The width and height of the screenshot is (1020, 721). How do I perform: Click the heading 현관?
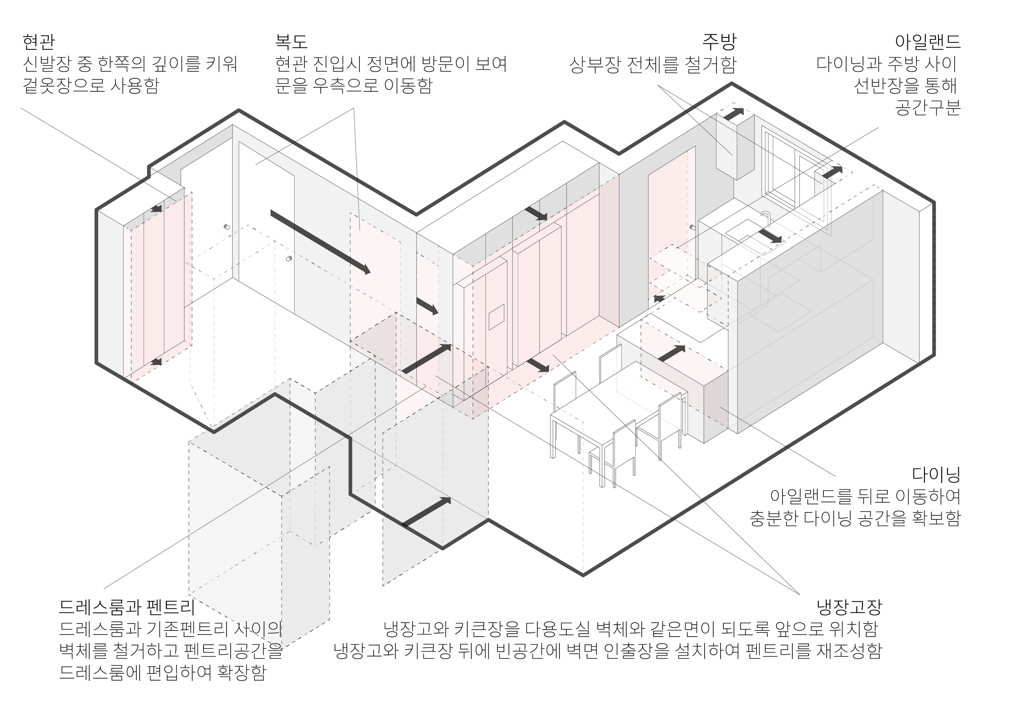39,42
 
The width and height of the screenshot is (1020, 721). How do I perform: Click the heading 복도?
291,42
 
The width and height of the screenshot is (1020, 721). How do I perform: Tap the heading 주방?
719,42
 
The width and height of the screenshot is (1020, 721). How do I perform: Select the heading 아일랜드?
928,42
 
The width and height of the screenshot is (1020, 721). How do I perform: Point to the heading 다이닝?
936,474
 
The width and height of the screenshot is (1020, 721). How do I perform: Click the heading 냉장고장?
849,606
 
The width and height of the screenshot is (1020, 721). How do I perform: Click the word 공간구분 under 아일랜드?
928,107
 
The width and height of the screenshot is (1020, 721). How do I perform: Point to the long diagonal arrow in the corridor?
320,242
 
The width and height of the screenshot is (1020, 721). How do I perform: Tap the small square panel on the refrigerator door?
497,317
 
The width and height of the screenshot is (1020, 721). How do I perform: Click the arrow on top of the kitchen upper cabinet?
734,113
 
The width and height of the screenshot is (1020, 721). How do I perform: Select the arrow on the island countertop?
671,354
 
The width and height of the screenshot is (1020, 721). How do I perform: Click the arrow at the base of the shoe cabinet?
156,362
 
